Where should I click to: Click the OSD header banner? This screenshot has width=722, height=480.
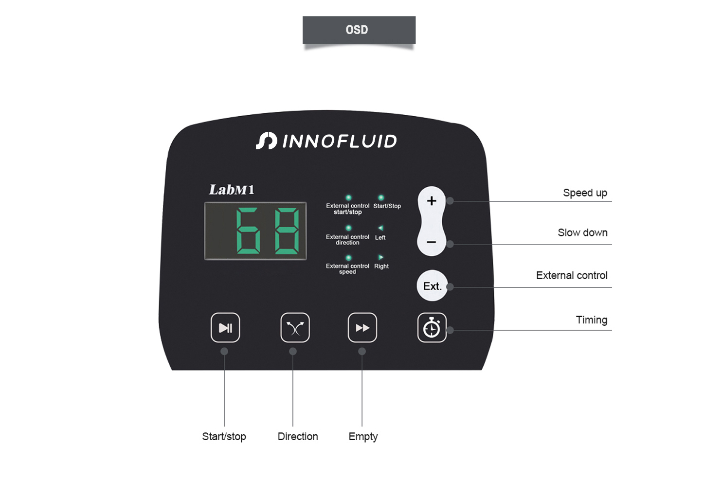[x=359, y=30]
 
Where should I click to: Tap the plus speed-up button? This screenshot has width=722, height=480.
[x=431, y=201]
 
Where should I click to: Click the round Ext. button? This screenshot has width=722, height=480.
[x=432, y=286]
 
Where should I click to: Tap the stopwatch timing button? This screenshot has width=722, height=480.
[x=432, y=328]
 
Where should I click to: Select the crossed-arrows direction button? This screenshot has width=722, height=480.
[x=295, y=328]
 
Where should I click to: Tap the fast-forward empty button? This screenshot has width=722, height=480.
[x=362, y=328]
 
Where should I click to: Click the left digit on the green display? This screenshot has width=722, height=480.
[x=248, y=231]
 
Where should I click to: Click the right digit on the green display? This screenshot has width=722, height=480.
[x=287, y=231]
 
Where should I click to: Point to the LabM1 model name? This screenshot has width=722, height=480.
[x=232, y=190]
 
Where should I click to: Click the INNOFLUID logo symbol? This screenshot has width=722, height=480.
[x=266, y=141]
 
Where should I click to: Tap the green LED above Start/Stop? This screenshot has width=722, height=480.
[x=380, y=197]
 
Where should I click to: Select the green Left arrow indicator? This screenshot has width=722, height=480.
[x=380, y=228]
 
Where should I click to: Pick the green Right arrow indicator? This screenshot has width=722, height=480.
[x=380, y=257]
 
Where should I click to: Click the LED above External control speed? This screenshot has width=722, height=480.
[x=348, y=258]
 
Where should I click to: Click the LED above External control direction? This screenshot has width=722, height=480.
[x=348, y=228]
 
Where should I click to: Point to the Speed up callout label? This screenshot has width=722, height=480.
[x=585, y=193]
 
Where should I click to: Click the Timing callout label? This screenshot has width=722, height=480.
[x=592, y=320]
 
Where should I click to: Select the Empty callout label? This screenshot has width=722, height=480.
[x=363, y=437]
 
